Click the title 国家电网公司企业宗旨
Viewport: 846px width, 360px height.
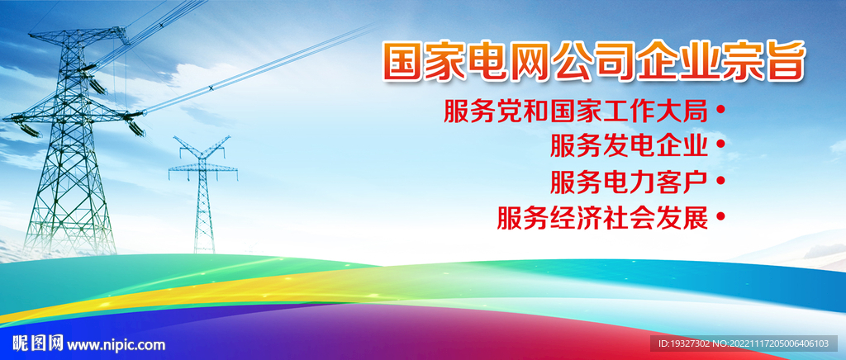pos(594,60)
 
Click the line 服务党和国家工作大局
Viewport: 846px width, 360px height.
pos(576,111)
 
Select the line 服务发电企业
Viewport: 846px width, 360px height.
pos(629,145)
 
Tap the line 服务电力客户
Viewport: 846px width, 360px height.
pos(629,182)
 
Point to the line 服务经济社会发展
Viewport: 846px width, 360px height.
pos(602,218)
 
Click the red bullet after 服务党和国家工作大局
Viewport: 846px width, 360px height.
pos(720,109)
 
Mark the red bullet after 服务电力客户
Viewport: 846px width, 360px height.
pos(720,181)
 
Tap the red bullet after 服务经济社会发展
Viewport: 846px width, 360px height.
pos(720,216)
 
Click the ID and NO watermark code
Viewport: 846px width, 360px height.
pos(744,343)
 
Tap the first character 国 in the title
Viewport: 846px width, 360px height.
pos(403,61)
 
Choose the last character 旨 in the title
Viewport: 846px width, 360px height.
pos(785,61)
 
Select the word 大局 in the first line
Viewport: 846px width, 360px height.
pos(682,111)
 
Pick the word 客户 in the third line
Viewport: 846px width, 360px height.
pos(682,182)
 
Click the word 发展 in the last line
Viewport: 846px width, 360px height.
pos(682,218)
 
